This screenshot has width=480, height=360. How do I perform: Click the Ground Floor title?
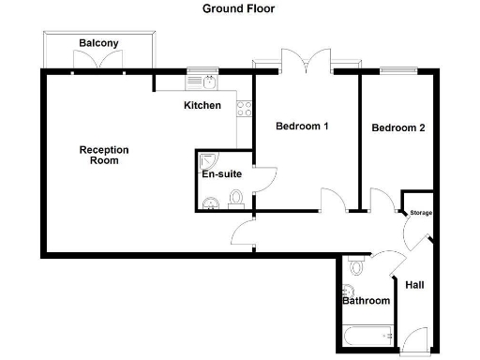click(x=239, y=8)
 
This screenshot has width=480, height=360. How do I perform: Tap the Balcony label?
click(x=98, y=43)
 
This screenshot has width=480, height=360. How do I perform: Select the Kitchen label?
click(x=202, y=105)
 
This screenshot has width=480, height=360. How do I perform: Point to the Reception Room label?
click(x=104, y=155)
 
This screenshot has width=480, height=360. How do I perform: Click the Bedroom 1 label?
click(x=302, y=126)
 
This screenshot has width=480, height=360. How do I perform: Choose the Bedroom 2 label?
click(x=398, y=127)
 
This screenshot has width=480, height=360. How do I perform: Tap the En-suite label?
click(x=222, y=174)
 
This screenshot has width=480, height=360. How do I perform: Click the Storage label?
click(x=420, y=213)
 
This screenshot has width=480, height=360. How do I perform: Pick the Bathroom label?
click(x=366, y=301)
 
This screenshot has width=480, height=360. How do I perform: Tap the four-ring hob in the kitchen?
click(x=246, y=110)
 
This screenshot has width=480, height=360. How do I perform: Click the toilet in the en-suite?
click(x=236, y=198)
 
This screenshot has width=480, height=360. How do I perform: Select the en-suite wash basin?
click(x=210, y=200)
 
